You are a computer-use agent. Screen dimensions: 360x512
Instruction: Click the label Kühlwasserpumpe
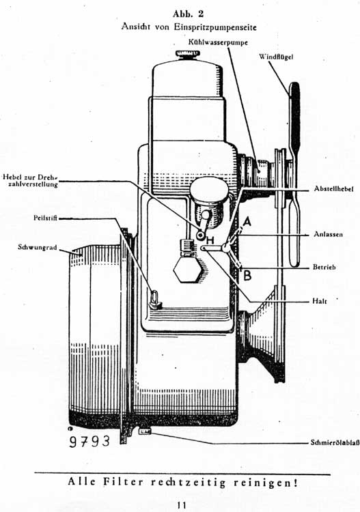(218, 42)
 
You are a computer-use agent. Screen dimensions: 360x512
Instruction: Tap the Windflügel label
(276, 57)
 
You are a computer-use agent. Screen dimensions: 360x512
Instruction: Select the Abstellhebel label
(333, 188)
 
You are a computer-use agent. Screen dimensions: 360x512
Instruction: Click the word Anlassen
(329, 234)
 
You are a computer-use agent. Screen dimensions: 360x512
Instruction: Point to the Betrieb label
(324, 267)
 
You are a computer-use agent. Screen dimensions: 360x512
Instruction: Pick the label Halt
(319, 301)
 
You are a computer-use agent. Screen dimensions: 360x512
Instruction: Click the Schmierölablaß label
(335, 443)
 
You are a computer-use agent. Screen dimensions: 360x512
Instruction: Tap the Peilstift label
(45, 218)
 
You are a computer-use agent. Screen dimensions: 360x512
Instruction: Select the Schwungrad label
(38, 247)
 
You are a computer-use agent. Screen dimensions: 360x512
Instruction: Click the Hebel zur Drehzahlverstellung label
(30, 181)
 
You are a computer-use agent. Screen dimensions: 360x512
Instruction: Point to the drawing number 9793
(89, 441)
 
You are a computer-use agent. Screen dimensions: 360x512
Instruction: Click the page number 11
(182, 504)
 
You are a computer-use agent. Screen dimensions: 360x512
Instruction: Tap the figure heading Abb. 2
(188, 14)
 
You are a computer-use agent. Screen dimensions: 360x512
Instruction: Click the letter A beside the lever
(247, 222)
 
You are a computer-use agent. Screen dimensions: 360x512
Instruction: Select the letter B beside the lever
(247, 275)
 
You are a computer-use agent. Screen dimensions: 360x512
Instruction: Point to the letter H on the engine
(210, 241)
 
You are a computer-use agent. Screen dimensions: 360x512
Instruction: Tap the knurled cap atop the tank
(187, 55)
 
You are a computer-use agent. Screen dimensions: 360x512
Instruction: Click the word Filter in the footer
(124, 482)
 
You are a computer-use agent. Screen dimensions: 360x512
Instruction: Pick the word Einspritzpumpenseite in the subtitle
(215, 27)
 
